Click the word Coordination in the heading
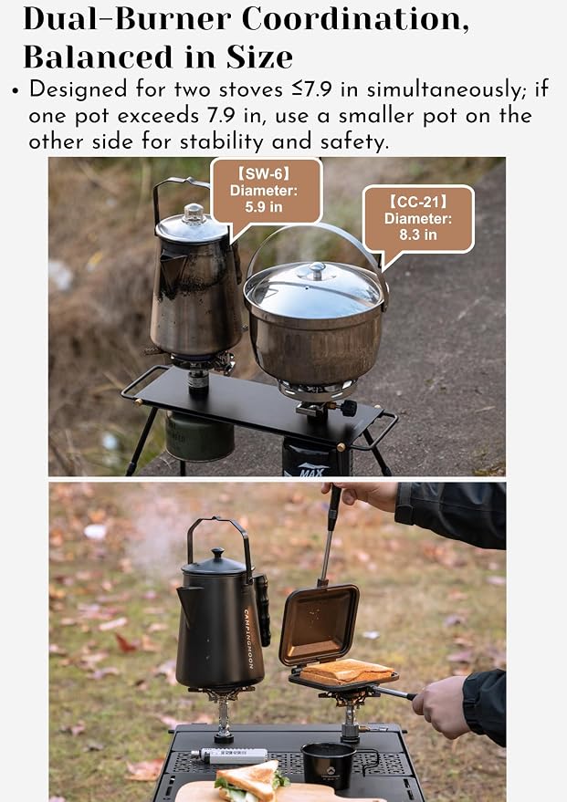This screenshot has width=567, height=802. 355,19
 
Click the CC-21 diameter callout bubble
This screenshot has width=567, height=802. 418,220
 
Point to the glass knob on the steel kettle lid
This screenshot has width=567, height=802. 194,214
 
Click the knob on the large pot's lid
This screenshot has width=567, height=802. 317,271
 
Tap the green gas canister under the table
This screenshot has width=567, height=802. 200,436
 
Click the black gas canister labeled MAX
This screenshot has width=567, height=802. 316,456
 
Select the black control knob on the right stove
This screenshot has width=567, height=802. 349,408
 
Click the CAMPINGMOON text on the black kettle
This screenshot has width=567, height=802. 248,639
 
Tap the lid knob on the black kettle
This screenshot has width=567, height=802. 218,554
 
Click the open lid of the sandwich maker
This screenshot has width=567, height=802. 320,624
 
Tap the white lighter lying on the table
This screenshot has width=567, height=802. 229,755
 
